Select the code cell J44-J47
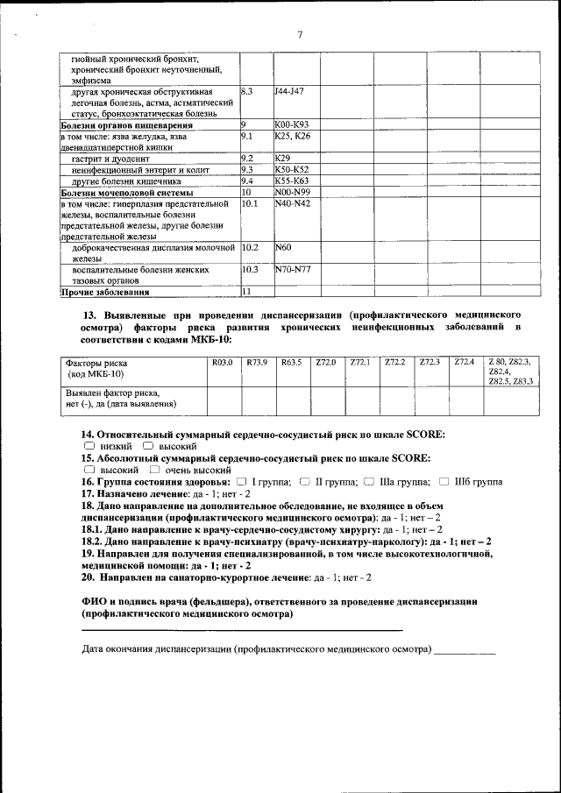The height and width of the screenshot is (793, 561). click(x=288, y=90)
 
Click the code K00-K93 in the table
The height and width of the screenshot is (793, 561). click(x=291, y=124)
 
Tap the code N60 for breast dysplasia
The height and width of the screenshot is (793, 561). click(x=282, y=247)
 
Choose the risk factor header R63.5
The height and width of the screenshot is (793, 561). click(x=291, y=362)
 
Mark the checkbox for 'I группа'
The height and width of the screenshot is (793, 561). click(x=240, y=482)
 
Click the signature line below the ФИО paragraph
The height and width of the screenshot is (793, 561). click(x=242, y=630)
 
